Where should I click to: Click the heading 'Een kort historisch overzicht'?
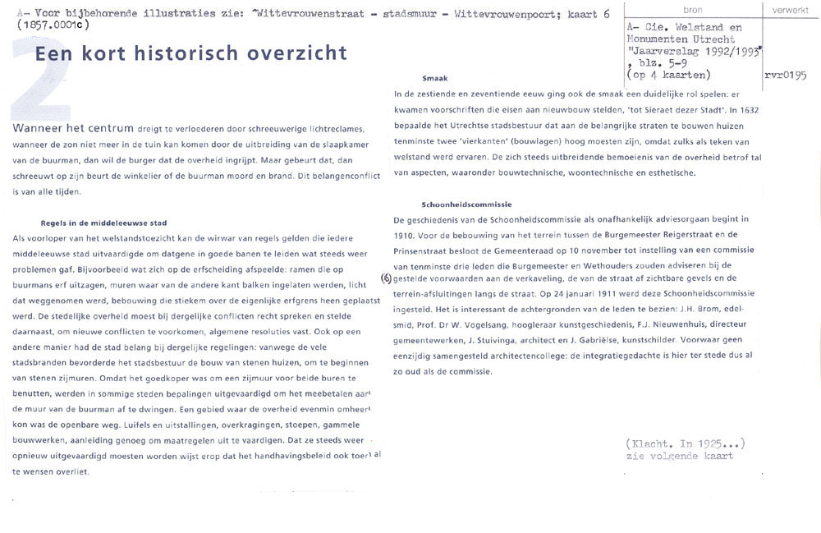(x=190, y=54)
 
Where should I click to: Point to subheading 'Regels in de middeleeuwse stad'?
(x=103, y=223)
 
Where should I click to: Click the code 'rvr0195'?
(x=785, y=75)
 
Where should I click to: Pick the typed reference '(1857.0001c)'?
(x=53, y=25)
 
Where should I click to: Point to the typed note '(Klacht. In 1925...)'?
(x=685, y=443)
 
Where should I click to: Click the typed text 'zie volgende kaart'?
(x=679, y=456)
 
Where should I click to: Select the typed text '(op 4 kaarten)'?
(x=673, y=75)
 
